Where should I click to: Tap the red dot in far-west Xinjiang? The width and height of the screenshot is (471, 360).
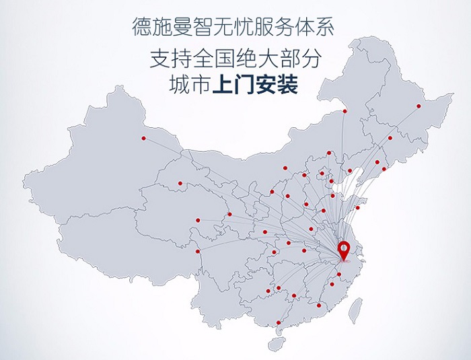(x=143, y=139)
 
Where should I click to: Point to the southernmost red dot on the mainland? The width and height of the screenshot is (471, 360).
(x=278, y=323)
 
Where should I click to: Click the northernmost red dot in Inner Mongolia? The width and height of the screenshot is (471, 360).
(x=345, y=111)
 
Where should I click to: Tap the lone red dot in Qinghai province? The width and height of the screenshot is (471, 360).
(x=180, y=183)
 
